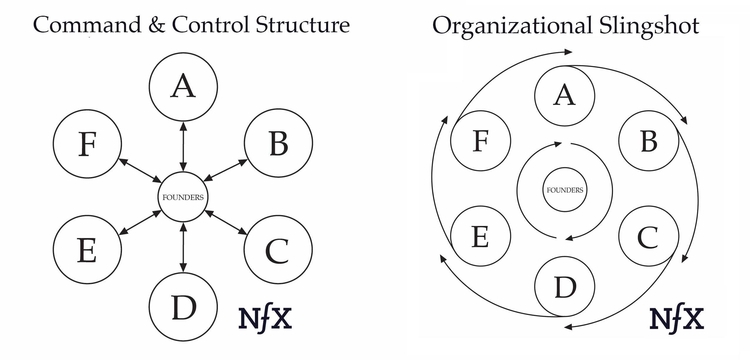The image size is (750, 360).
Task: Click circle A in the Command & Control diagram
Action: point(183,87)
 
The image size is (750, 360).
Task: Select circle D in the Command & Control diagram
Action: point(183,307)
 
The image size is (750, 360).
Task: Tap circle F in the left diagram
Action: point(87,144)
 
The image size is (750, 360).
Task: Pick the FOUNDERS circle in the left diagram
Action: point(183,197)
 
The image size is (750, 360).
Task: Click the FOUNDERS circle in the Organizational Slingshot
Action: point(564,190)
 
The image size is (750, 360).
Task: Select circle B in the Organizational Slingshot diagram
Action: point(649,141)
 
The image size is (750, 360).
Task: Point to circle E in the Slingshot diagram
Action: point(480,236)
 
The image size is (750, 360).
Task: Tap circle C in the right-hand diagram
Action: point(649,236)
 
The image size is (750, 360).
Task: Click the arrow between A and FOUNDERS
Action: point(183,146)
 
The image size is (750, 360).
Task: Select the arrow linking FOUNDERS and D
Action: point(183,247)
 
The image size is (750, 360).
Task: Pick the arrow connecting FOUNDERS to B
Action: point(225,170)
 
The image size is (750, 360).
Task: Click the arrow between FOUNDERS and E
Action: point(140,223)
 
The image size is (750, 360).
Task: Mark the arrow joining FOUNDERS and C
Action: point(226,223)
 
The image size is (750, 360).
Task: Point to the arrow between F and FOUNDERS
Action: point(140,171)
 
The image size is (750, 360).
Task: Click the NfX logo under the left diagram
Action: point(265,319)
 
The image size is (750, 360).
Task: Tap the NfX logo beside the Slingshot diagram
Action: point(676,319)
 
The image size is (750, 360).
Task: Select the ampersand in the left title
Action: point(156,25)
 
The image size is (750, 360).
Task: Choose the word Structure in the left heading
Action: point(303,25)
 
